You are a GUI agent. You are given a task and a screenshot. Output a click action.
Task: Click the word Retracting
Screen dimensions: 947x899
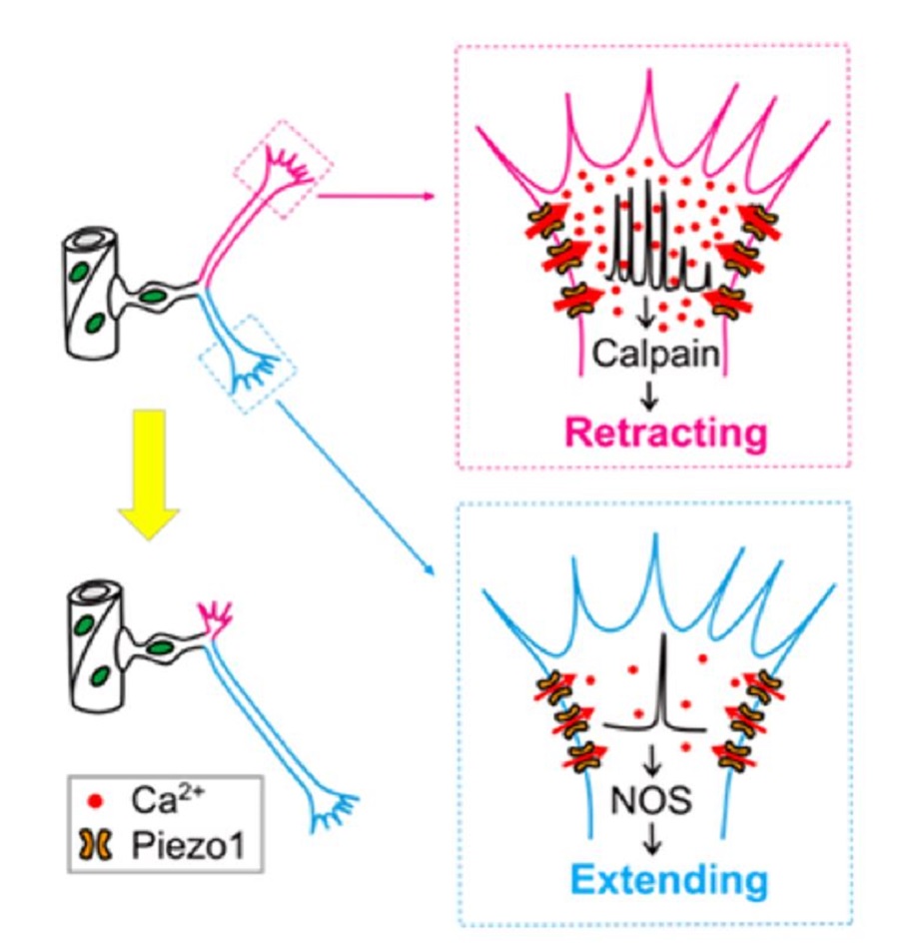coord(653,434)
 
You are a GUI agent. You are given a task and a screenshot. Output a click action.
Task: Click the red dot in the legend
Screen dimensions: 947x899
coord(96,800)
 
